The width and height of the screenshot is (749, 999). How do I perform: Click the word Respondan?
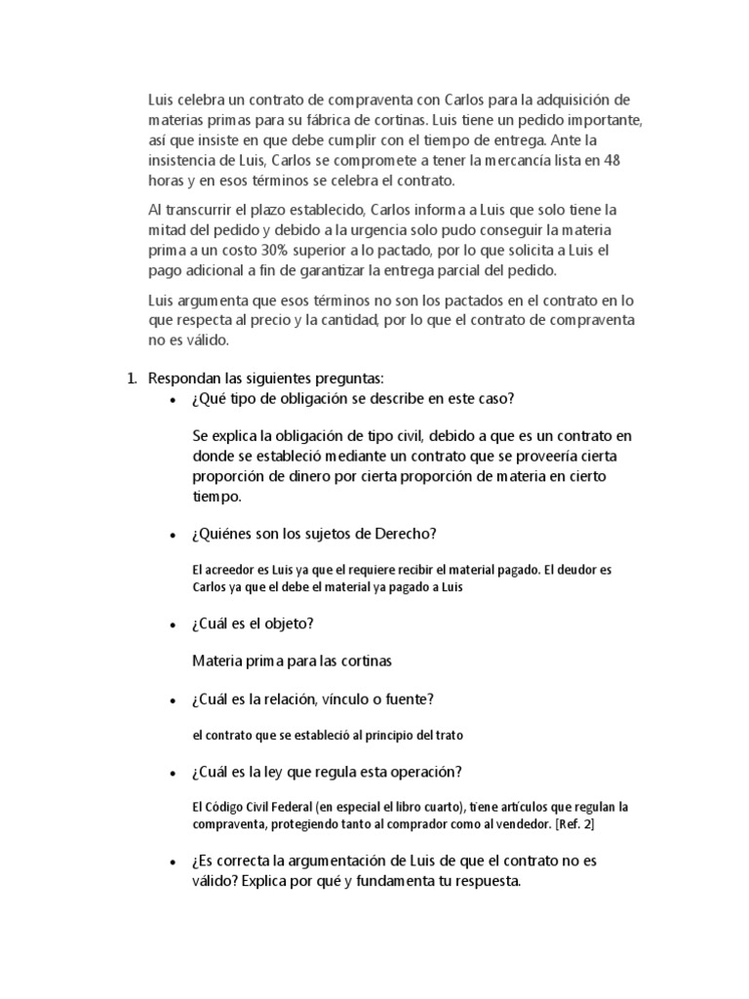coord(183,379)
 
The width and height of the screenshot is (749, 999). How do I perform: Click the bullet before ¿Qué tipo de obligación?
coord(173,401)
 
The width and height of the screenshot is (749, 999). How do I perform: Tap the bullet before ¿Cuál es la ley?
coord(173,774)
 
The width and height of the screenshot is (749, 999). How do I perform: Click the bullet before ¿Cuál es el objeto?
coord(173,624)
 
